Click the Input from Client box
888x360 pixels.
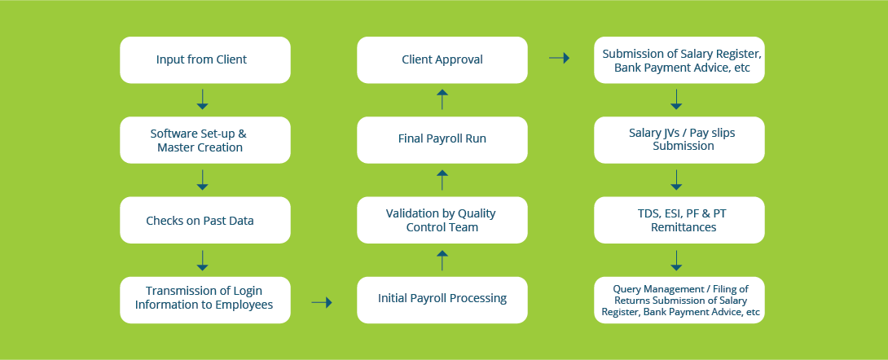pyautogui.click(x=205, y=60)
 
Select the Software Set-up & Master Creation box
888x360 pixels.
pyautogui.click(x=205, y=140)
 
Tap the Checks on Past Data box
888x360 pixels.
pyautogui.click(x=205, y=220)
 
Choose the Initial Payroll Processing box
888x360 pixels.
pyautogui.click(x=442, y=300)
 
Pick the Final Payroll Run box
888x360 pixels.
pyautogui.click(x=442, y=140)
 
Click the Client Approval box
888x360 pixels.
pyautogui.click(x=442, y=60)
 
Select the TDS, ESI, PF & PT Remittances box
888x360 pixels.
pyautogui.click(x=679, y=220)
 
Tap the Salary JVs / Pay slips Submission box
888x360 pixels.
pyautogui.click(x=679, y=140)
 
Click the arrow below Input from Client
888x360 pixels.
pyautogui.click(x=202, y=99)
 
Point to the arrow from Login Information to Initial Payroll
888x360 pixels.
pyautogui.click(x=322, y=303)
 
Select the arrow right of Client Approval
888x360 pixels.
pyautogui.click(x=559, y=58)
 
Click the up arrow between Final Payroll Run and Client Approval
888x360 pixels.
pyautogui.click(x=442, y=99)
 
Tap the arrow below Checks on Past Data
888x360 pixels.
pyautogui.click(x=202, y=261)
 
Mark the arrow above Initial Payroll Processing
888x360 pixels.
pyautogui.click(x=442, y=261)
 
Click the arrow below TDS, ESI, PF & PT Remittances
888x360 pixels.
pyautogui.click(x=675, y=261)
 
